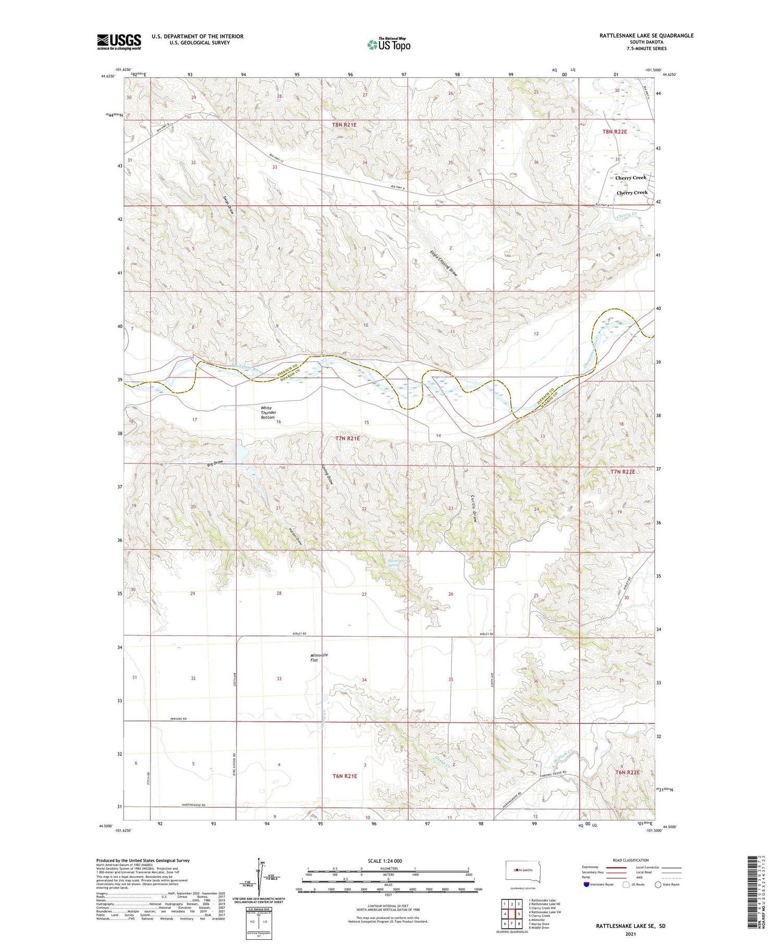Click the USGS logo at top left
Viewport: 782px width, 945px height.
pyautogui.click(x=119, y=42)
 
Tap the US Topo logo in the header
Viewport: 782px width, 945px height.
pyautogui.click(x=388, y=44)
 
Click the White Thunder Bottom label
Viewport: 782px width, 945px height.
pyautogui.click(x=268, y=412)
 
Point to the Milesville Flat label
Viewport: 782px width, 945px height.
pyautogui.click(x=319, y=657)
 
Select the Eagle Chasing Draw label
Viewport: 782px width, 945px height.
pyautogui.click(x=443, y=264)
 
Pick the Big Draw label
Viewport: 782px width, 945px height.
pyautogui.click(x=215, y=463)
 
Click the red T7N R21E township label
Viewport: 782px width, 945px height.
pyautogui.click(x=347, y=439)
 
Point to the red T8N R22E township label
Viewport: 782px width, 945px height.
pyautogui.click(x=615, y=132)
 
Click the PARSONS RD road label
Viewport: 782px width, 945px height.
pyautogui.click(x=179, y=719)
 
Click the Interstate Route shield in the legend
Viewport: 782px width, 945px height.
pyautogui.click(x=587, y=884)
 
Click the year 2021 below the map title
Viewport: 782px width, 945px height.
pyautogui.click(x=631, y=932)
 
